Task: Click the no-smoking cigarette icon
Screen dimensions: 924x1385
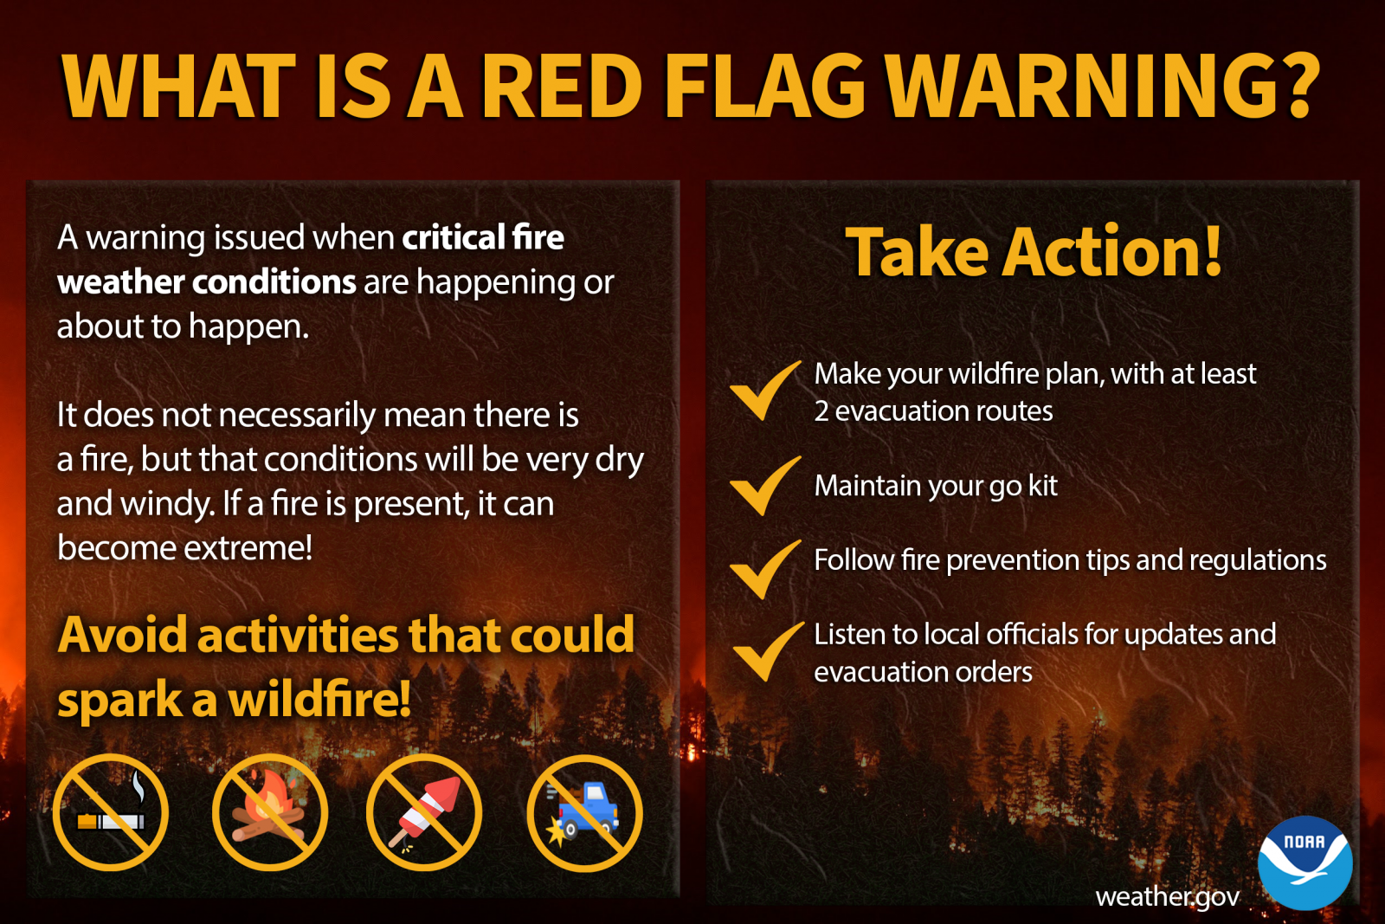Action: (x=111, y=812)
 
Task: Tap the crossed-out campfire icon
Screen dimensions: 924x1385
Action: (x=270, y=812)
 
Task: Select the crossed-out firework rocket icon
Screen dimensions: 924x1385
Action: (x=424, y=812)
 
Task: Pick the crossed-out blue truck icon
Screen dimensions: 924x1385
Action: (x=584, y=812)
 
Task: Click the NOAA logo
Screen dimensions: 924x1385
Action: (x=1304, y=863)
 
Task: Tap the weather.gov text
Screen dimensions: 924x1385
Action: (x=1167, y=896)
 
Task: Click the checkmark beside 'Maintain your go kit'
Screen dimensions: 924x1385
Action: (x=764, y=486)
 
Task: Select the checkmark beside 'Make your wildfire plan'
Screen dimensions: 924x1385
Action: (x=764, y=391)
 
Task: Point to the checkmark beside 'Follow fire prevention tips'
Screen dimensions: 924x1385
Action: (x=764, y=569)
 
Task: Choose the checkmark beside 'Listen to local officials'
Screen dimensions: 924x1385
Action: (x=766, y=651)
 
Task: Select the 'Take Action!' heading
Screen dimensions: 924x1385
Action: (x=1034, y=252)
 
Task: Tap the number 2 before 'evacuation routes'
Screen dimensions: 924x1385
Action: (x=821, y=411)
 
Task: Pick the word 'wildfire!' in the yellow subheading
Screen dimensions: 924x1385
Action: (x=319, y=700)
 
